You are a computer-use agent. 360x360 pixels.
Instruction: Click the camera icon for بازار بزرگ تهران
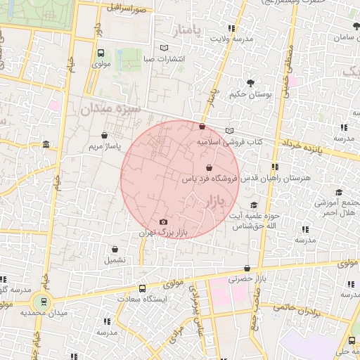(164, 221)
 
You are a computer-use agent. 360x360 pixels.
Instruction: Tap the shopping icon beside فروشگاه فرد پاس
(209, 168)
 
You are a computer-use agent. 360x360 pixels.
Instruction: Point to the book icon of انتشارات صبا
(165, 48)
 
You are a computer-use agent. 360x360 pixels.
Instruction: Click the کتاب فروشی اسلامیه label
(229, 142)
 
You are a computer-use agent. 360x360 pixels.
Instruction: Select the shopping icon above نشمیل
(115, 249)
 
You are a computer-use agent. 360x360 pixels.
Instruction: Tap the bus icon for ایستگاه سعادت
(143, 288)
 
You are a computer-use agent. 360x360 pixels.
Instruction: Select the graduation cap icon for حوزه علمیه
(254, 205)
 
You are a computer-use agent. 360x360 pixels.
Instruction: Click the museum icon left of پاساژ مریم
(46, 145)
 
